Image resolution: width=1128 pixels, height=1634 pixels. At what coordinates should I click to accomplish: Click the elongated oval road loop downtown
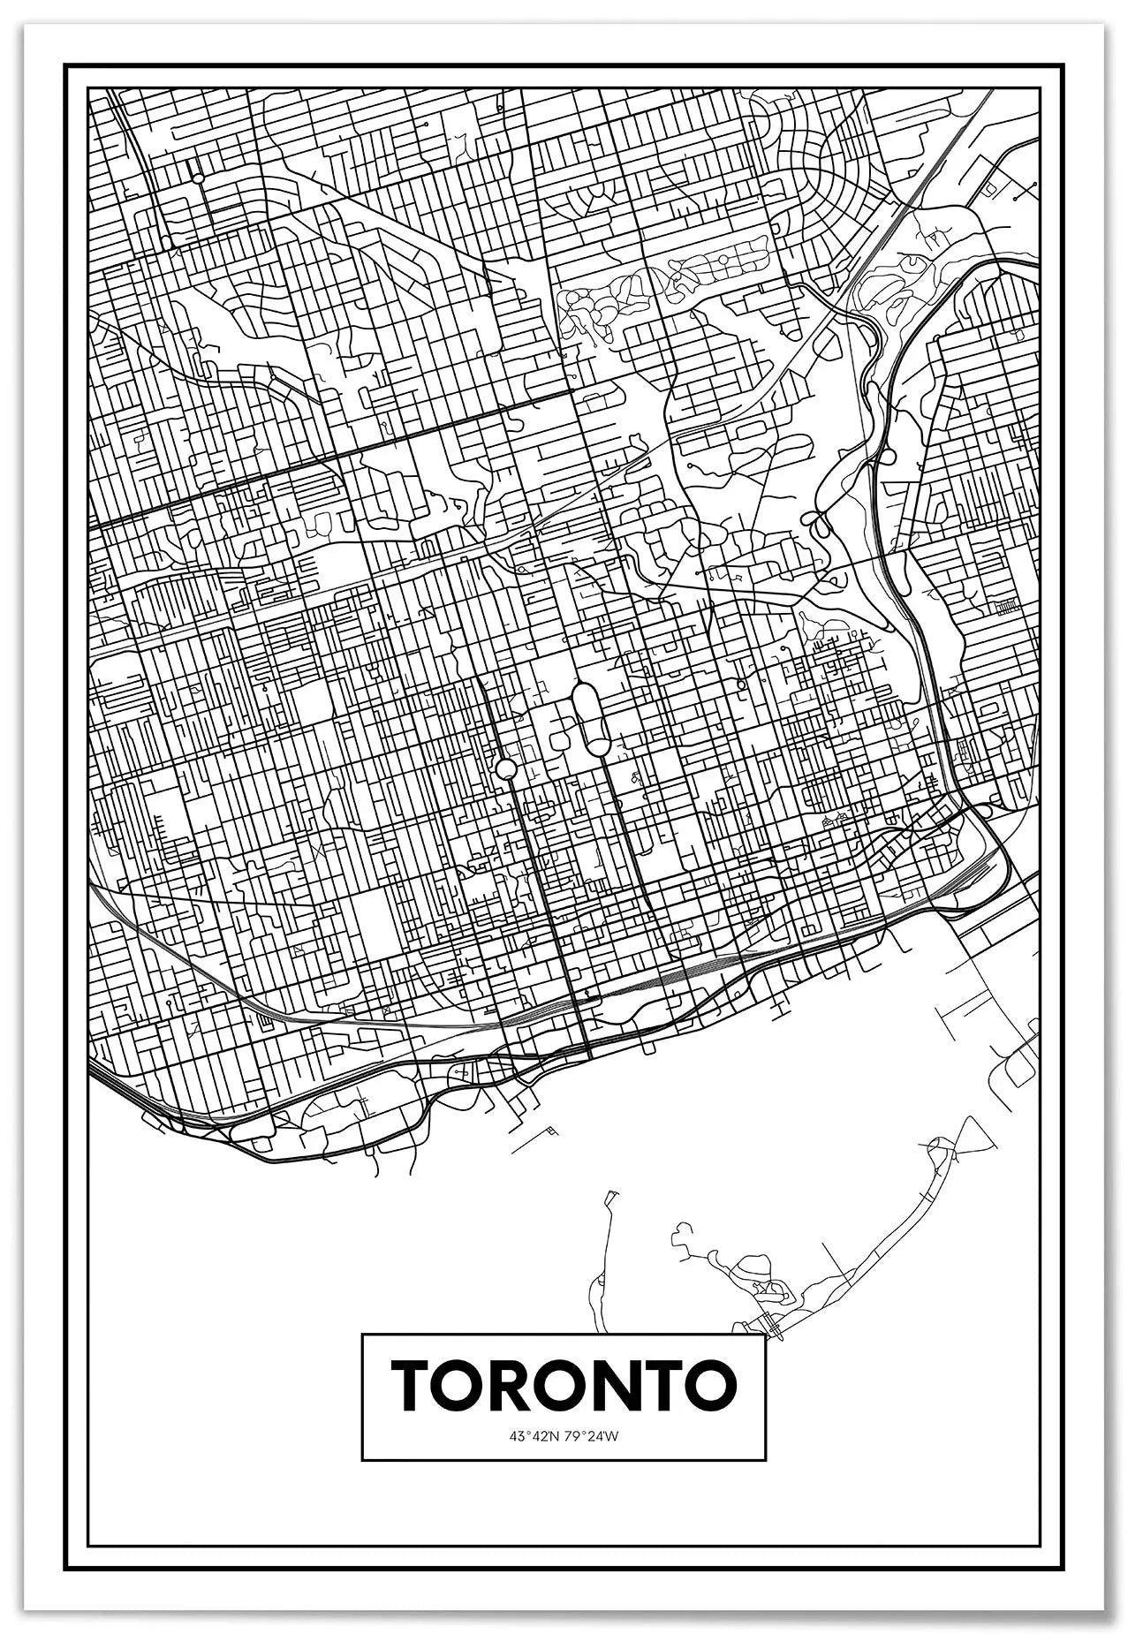click(x=589, y=717)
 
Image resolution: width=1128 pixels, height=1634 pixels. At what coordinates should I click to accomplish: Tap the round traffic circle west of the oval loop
click(x=505, y=769)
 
